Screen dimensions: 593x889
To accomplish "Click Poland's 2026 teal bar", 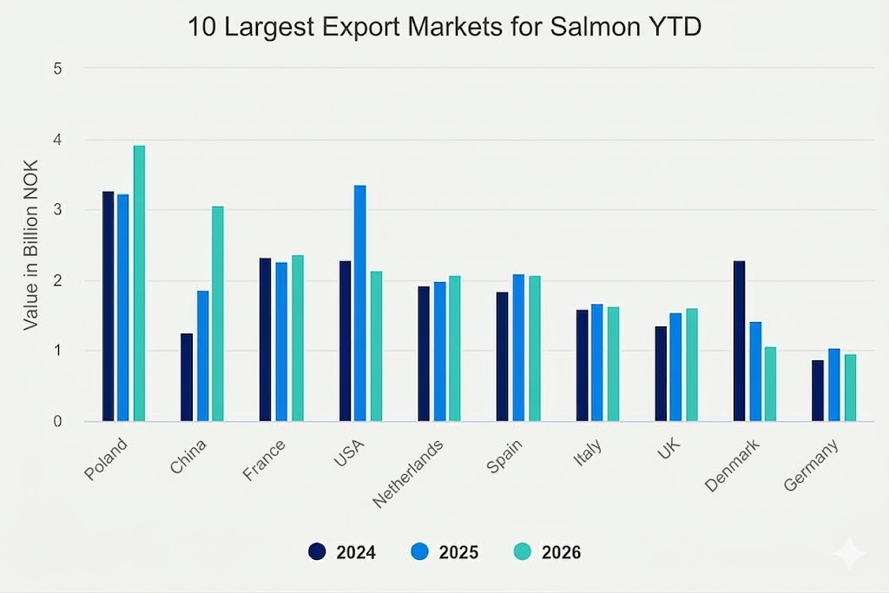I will click(139, 283).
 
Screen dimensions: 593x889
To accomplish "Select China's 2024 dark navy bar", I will click(187, 377).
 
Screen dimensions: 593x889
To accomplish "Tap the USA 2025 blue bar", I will click(360, 303).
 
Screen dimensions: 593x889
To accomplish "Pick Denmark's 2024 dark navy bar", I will click(739, 340).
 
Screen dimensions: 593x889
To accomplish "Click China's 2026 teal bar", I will click(218, 313).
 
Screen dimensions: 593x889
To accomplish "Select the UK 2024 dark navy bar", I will click(661, 373).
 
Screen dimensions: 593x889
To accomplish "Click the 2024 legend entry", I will click(342, 552).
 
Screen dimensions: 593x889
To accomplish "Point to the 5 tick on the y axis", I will click(57, 69).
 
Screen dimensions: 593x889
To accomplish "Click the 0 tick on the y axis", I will click(57, 421).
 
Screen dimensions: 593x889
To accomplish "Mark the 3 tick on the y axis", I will click(57, 210).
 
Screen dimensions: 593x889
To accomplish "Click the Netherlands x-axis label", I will click(409, 471).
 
